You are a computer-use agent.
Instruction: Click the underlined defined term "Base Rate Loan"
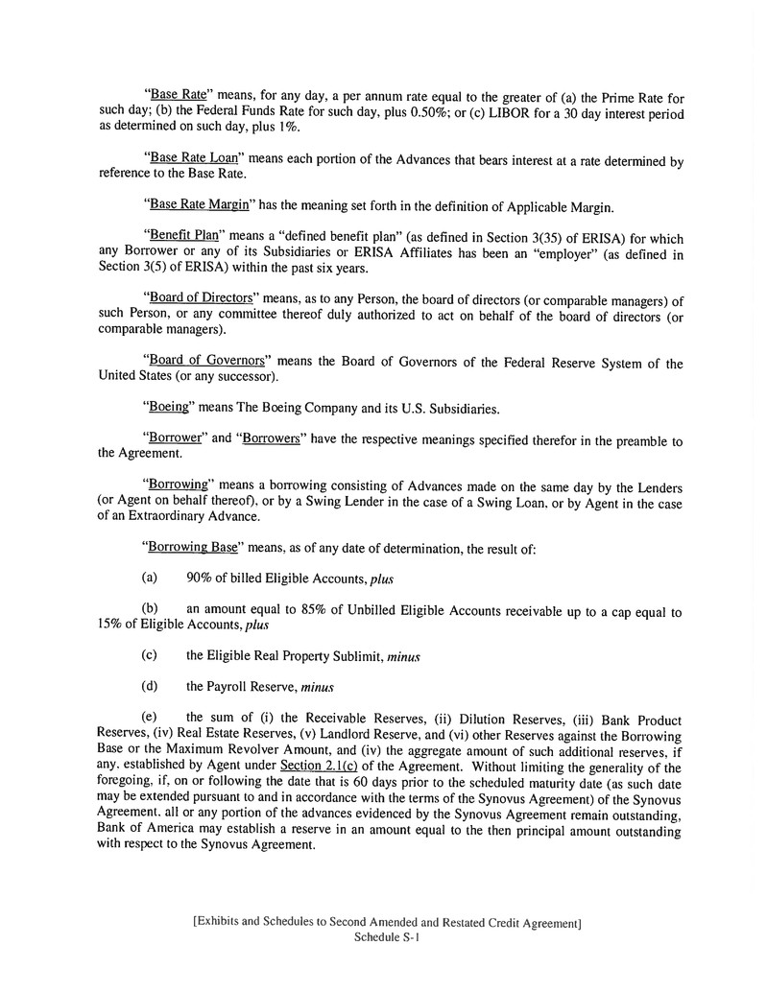click(195, 158)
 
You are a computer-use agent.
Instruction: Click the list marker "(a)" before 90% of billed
click(150, 579)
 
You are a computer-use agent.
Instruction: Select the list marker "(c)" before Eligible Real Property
click(150, 656)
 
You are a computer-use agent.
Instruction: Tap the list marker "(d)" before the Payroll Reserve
click(150, 686)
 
